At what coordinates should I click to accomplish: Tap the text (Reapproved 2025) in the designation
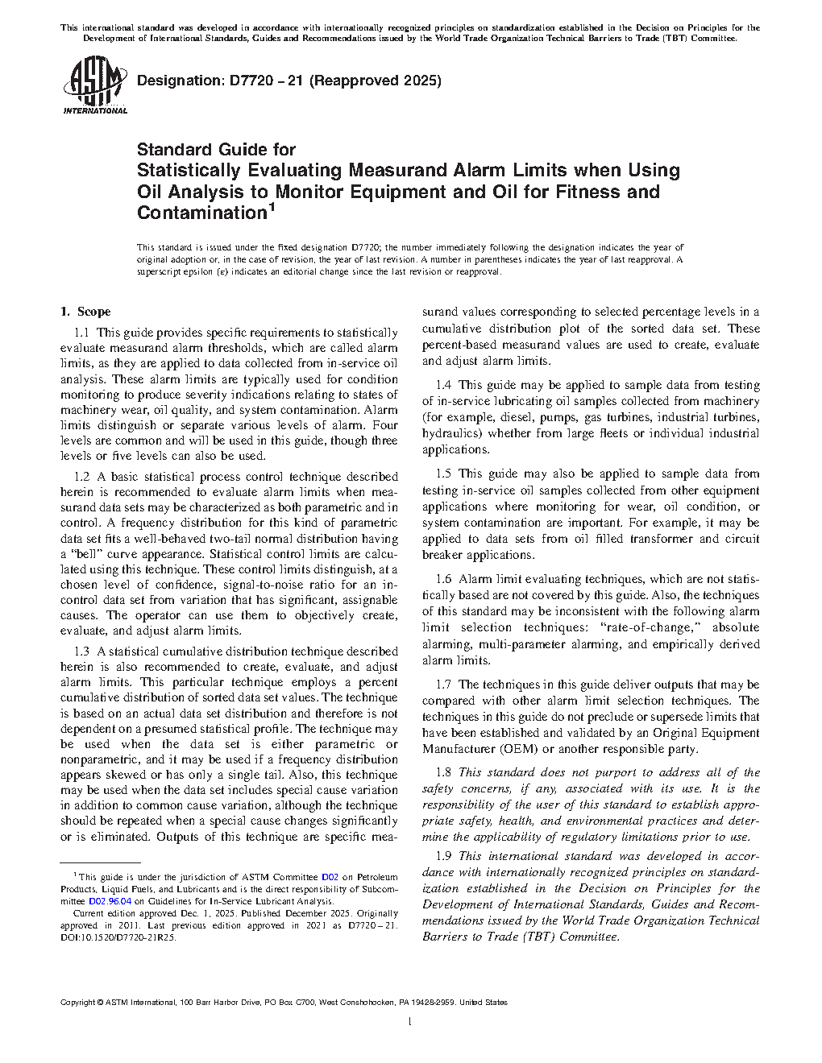(376, 81)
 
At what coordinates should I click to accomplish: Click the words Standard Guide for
(216, 150)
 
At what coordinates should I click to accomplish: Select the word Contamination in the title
(201, 213)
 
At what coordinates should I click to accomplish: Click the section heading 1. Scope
(85, 312)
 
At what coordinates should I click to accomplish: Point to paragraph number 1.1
(81, 333)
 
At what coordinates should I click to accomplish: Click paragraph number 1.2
(81, 477)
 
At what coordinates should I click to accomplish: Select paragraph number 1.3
(81, 651)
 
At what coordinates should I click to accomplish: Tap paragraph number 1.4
(443, 385)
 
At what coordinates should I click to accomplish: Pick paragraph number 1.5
(443, 474)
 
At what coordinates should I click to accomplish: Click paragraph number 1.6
(443, 579)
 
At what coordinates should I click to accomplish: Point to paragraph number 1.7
(443, 685)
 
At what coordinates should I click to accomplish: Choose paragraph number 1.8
(443, 772)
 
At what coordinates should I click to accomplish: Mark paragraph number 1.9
(443, 856)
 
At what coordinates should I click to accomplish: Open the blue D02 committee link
(330, 878)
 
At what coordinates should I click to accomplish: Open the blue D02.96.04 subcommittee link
(110, 902)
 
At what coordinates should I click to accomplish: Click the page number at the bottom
(410, 1022)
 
